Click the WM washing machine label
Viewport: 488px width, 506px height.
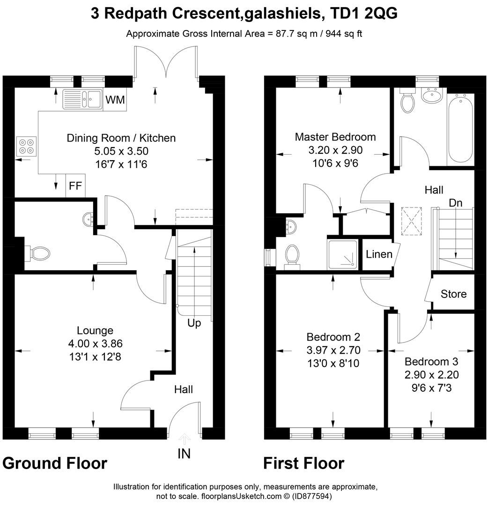point(115,100)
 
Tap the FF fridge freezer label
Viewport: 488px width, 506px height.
point(75,186)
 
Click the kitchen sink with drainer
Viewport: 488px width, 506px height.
point(83,99)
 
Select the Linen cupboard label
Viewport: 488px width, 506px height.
point(379,254)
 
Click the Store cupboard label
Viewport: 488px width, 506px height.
point(453,294)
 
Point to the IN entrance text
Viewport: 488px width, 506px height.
point(184,454)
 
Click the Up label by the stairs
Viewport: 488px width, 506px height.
point(194,323)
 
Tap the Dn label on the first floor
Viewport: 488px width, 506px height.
point(455,203)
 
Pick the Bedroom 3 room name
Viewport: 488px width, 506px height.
point(431,362)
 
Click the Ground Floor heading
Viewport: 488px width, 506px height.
point(55,463)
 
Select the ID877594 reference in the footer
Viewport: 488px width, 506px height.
point(313,496)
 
